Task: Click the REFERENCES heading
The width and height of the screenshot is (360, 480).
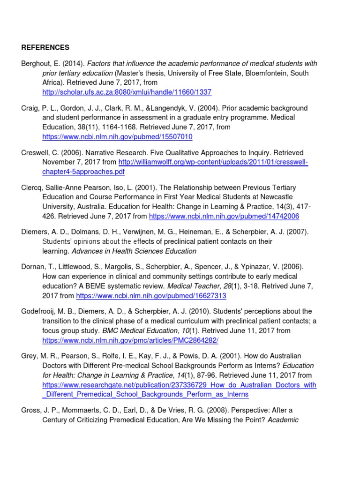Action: pos(45,47)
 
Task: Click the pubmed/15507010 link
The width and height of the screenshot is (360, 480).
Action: pos(117,137)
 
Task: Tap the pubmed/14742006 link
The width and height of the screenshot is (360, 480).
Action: pos(224,216)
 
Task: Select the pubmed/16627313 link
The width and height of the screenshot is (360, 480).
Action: pos(151,296)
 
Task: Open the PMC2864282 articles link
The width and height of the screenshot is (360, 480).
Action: pos(130,340)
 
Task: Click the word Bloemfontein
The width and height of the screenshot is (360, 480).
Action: pos(260,73)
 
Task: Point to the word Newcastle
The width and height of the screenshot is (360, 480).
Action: pos(279,197)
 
